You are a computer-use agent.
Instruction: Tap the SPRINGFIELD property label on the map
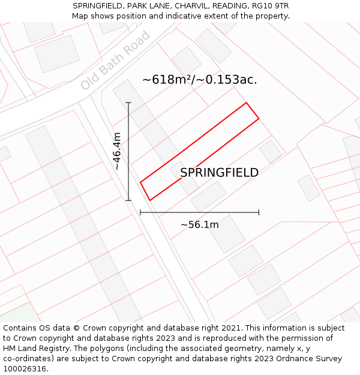pyautogui.click(x=219, y=173)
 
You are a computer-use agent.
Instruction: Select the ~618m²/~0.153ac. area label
pyautogui.click(x=199, y=80)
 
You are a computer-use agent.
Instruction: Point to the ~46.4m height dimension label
pyautogui.click(x=117, y=151)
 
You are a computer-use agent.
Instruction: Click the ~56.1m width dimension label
pyautogui.click(x=199, y=224)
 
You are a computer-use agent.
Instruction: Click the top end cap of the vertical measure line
pyautogui.click(x=128, y=103)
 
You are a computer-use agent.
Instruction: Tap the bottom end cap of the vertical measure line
pyautogui.click(x=128, y=200)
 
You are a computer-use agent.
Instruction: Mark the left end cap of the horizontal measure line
pyautogui.click(x=140, y=212)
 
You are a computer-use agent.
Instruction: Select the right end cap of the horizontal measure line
pyautogui.click(x=259, y=212)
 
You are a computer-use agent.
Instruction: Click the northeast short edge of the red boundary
pyautogui.click(x=253, y=111)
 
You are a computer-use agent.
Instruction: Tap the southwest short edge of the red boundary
pyautogui.click(x=145, y=191)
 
